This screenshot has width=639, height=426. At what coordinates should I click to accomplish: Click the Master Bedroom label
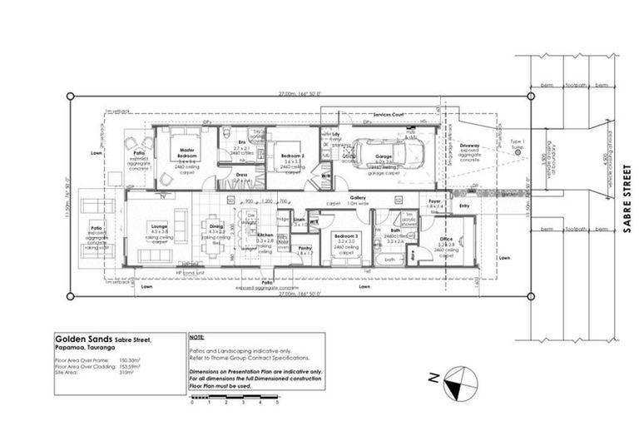pos(186,154)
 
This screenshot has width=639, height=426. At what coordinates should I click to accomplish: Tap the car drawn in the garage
pos(389,153)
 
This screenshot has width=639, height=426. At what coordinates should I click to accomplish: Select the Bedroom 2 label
pos(291,156)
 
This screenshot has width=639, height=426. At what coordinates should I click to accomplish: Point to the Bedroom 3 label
pos(346,237)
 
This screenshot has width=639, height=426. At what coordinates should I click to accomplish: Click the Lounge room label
pos(159,225)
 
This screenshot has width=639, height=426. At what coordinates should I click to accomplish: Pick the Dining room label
pos(215,226)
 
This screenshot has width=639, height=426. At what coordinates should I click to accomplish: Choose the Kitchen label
pos(265,236)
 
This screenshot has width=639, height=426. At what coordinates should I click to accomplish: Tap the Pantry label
pos(305,247)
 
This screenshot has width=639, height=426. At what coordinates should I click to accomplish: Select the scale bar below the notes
pos(234,399)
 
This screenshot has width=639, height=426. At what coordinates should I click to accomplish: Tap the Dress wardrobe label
pos(241,175)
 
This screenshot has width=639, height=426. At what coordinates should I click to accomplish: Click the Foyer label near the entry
pos(433,201)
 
